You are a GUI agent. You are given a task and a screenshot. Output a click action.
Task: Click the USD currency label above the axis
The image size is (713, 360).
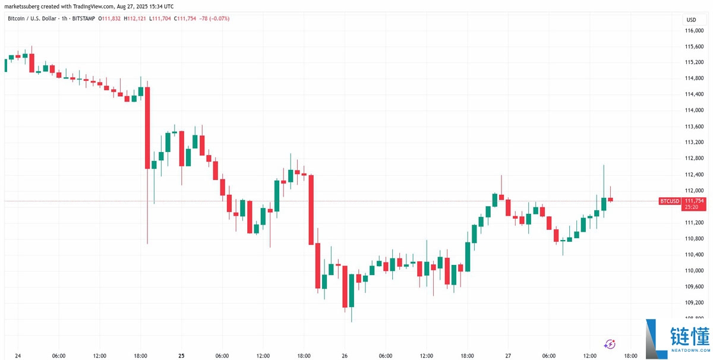[x=691, y=20]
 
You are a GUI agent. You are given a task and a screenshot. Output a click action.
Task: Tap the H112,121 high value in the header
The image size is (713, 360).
[x=140, y=18]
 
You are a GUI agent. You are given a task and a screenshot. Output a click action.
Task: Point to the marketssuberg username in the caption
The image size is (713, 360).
[x=23, y=5]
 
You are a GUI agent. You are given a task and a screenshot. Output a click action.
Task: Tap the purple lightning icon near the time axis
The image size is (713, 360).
[x=610, y=343]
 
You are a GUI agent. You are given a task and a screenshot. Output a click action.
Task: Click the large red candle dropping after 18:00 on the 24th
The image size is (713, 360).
[x=147, y=128]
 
